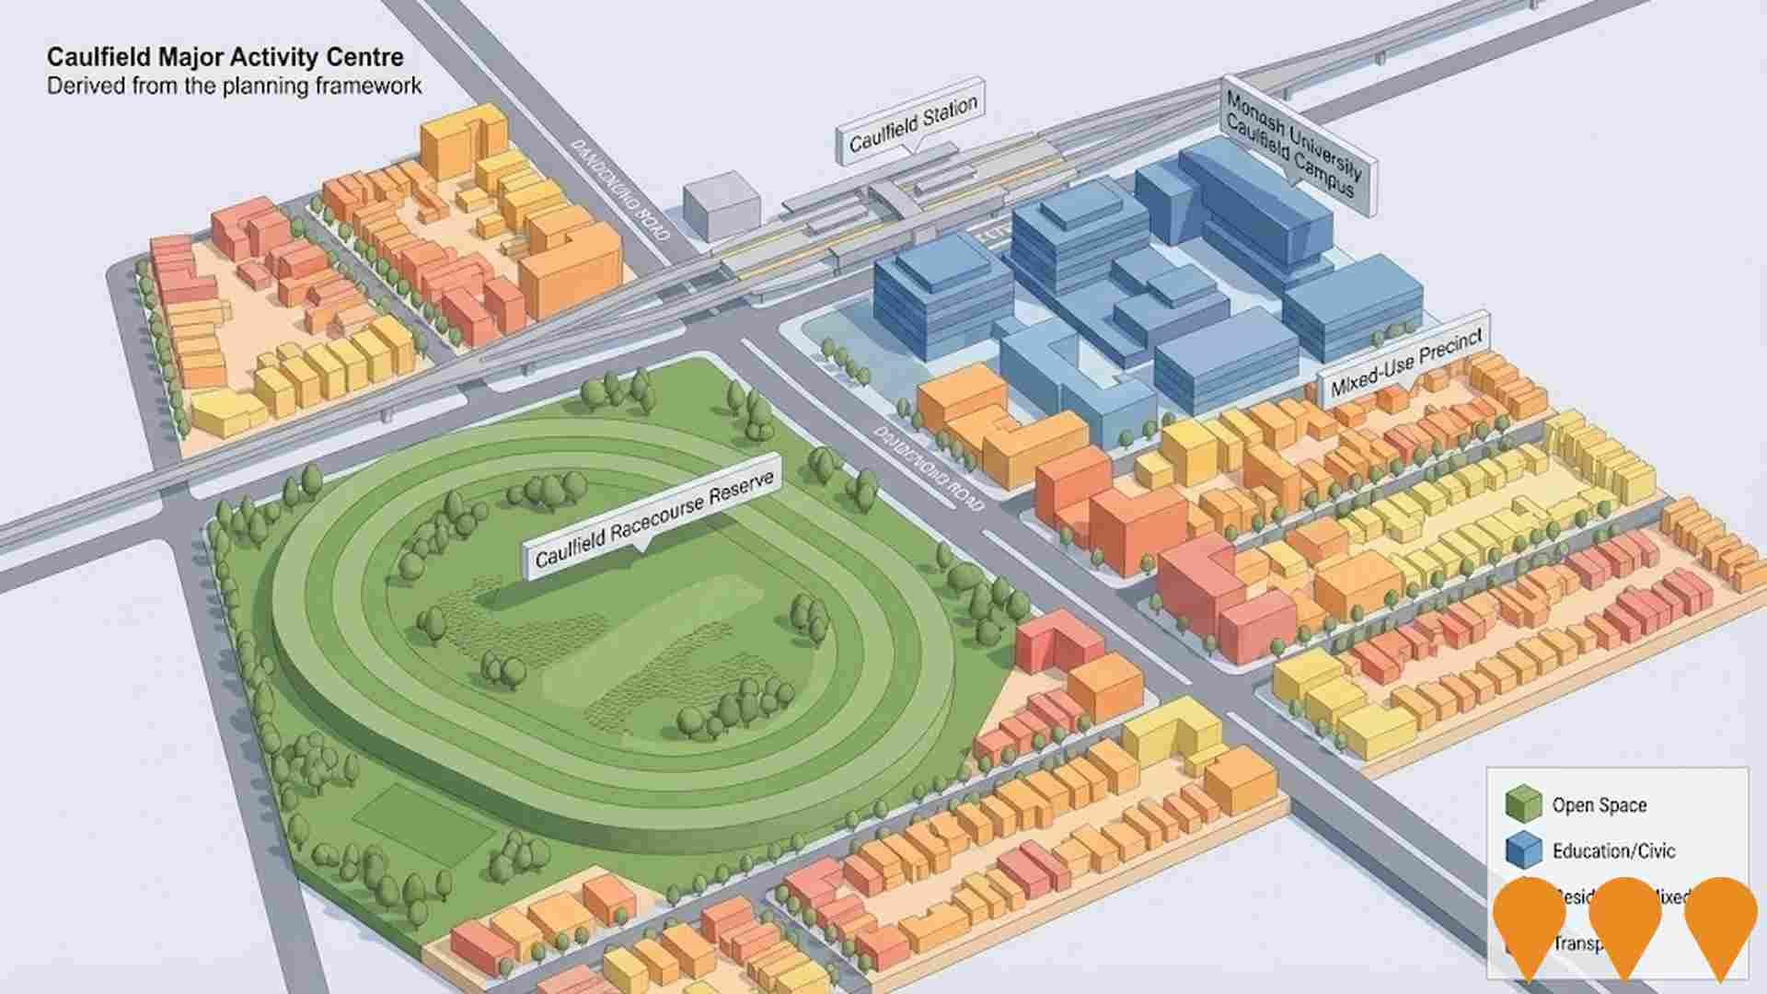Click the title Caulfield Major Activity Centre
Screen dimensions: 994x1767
pos(225,57)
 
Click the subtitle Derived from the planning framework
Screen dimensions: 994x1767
pos(234,87)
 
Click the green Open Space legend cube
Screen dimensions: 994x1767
pos(1523,803)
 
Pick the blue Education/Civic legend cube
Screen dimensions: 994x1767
pos(1523,849)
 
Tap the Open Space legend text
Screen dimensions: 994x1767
pos(1599,805)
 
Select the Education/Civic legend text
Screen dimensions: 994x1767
pos(1613,850)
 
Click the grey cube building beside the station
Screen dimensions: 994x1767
pos(722,205)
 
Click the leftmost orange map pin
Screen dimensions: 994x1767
pos(1530,920)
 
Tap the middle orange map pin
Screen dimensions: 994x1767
pos(1625,920)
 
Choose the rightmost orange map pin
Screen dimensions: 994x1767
pos(1720,920)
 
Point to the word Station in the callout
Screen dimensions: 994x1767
pos(949,115)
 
